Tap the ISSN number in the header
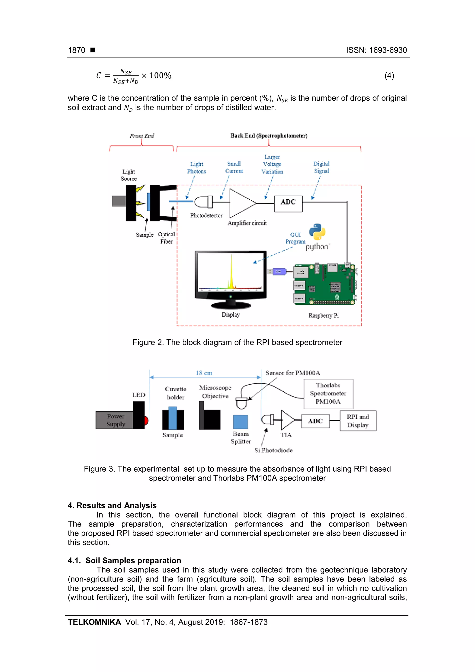coord(376,50)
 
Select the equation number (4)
coord(389,76)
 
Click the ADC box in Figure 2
coord(288,203)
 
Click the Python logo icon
coord(317,232)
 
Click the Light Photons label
coord(196,168)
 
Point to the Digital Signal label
coord(321,167)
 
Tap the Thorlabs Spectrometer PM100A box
coord(328,394)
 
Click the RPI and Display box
coord(358,421)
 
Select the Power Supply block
coord(115,420)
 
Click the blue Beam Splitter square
coord(240,422)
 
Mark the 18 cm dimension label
coord(204,373)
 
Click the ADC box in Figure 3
coord(315,421)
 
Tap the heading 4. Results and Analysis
coord(112,505)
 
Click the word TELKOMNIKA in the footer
coord(94,622)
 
